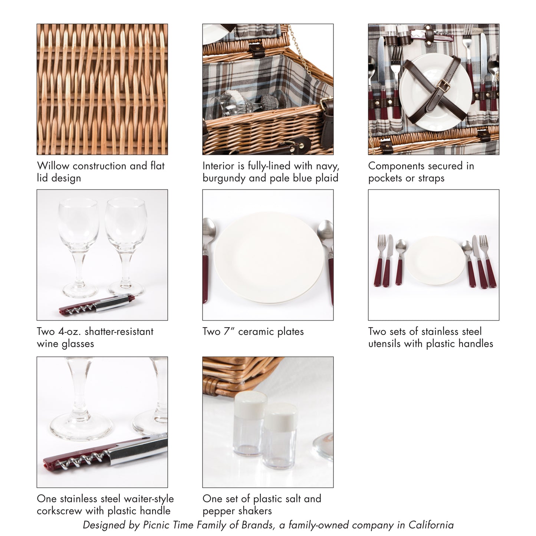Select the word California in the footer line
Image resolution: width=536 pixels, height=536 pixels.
click(431, 525)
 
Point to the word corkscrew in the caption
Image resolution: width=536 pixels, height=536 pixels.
click(59, 511)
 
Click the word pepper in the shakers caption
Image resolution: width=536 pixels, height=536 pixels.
click(218, 511)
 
